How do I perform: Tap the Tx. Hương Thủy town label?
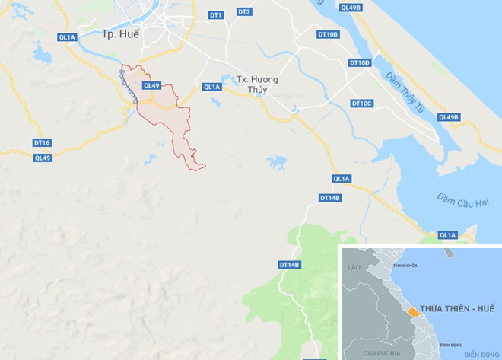click(x=257, y=84)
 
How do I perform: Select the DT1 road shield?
click(x=216, y=15)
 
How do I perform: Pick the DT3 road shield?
click(x=244, y=12)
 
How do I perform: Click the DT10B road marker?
click(x=328, y=35)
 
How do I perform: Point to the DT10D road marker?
click(x=359, y=62)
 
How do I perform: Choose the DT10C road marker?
click(x=361, y=103)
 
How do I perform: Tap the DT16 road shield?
click(x=42, y=143)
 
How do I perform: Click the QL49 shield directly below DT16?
click(x=43, y=158)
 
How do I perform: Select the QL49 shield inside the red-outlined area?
click(x=151, y=85)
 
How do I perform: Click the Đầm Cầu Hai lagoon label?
click(x=461, y=202)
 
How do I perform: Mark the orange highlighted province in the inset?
click(x=411, y=312)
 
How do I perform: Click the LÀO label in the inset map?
click(x=352, y=269)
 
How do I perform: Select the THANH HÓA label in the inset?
click(x=405, y=266)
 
